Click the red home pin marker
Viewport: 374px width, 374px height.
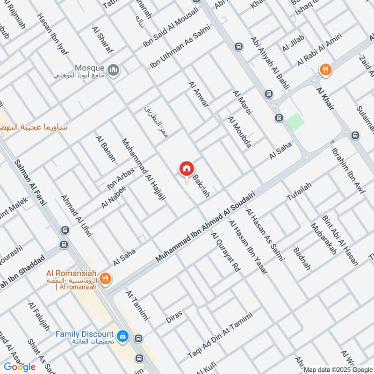[x=186, y=169]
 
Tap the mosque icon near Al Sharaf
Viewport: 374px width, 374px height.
[x=113, y=71]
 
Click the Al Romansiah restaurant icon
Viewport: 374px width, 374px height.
[x=106, y=279]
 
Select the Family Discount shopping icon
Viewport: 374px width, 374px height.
[x=122, y=336]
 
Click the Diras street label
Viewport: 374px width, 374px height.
[x=174, y=317]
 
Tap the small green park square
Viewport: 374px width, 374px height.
[x=295, y=122]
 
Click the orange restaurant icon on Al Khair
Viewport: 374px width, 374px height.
[x=326, y=71]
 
